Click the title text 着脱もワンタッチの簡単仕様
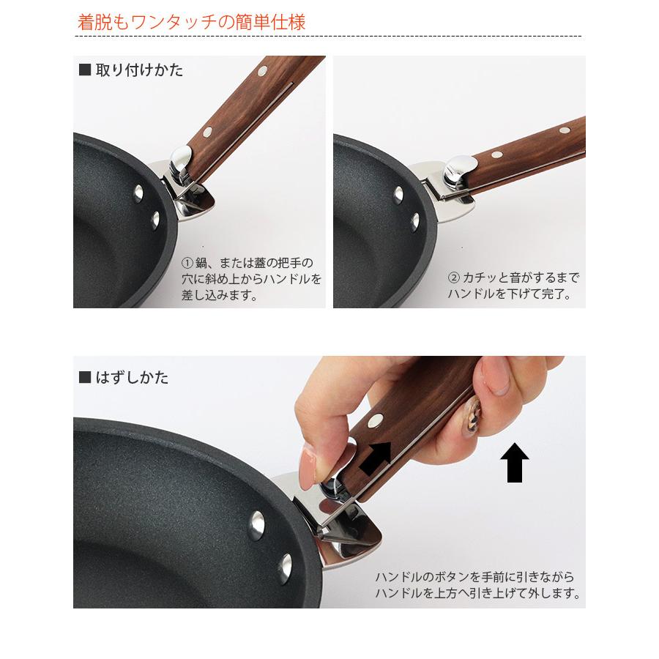(x=192, y=21)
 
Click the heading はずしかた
(x=132, y=378)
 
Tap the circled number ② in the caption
(x=453, y=278)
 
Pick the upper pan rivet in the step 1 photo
(x=138, y=194)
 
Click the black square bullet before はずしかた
(x=84, y=378)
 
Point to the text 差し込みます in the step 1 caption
(x=218, y=296)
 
